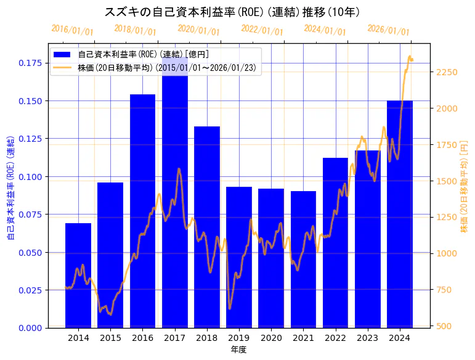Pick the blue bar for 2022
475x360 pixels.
pos(335,243)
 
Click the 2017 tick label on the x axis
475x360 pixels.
pos(175,338)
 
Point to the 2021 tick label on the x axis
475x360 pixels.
pos(303,338)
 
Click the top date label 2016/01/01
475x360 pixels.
pos(72,30)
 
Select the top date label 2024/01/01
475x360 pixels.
pos(325,30)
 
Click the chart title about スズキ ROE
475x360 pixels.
pos(232,12)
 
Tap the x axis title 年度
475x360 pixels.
pos(239,350)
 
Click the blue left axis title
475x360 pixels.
pos(10,186)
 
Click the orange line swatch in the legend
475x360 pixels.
pos(63,68)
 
